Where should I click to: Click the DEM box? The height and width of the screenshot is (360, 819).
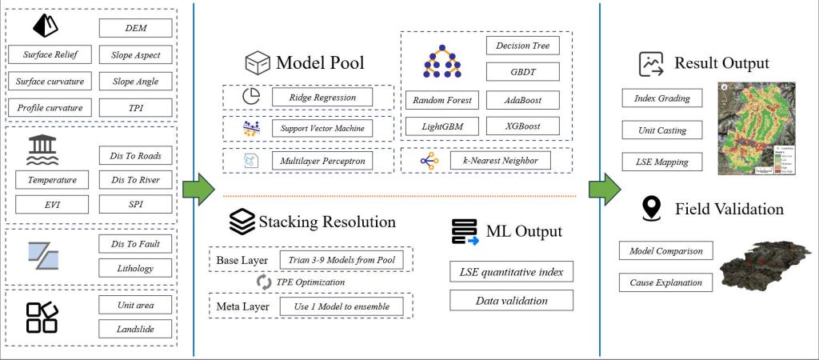[x=136, y=28]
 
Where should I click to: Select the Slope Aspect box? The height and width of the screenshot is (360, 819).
[x=136, y=54]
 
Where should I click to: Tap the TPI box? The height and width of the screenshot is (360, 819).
[x=136, y=107]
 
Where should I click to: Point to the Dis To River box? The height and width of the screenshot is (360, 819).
[x=136, y=180]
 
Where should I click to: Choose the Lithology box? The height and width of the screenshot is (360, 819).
[x=136, y=268]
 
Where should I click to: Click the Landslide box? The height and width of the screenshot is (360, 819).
[x=136, y=328]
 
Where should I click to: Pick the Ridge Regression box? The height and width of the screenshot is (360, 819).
[x=323, y=98]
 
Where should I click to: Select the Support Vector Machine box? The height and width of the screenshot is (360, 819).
[x=323, y=128]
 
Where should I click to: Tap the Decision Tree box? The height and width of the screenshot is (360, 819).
[x=522, y=46]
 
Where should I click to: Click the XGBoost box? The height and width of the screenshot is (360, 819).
[x=522, y=127]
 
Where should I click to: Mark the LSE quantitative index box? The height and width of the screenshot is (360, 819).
[x=511, y=272]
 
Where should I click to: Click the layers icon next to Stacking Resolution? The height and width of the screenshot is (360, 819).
[x=241, y=222]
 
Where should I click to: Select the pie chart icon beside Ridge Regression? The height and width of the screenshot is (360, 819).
[x=251, y=97]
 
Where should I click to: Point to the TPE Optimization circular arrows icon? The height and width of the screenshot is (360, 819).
[x=263, y=282]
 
